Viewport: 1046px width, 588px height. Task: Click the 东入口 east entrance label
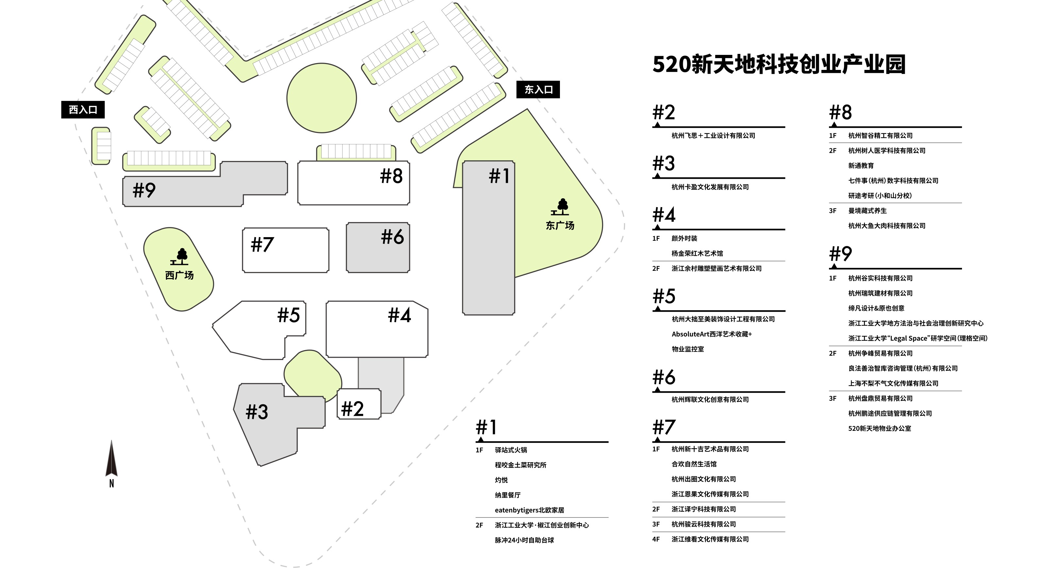pyautogui.click(x=538, y=90)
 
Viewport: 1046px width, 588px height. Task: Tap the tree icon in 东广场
pyautogui.click(x=561, y=207)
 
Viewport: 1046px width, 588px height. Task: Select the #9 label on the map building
pyautogui.click(x=144, y=190)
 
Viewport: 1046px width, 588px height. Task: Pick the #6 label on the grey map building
pyautogui.click(x=392, y=237)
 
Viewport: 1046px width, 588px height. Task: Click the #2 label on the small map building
pyautogui.click(x=352, y=409)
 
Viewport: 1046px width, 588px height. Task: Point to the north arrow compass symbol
pyautogui.click(x=111, y=461)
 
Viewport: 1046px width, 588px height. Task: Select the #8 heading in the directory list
pyautogui.click(x=840, y=112)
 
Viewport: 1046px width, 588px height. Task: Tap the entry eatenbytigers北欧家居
pyautogui.click(x=529, y=510)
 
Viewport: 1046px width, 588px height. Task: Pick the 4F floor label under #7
pyautogui.click(x=656, y=539)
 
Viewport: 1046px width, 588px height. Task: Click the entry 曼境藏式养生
pyautogui.click(x=867, y=211)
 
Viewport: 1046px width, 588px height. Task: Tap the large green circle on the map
pyautogui.click(x=321, y=98)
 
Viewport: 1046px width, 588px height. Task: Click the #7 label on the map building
pyautogui.click(x=262, y=245)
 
